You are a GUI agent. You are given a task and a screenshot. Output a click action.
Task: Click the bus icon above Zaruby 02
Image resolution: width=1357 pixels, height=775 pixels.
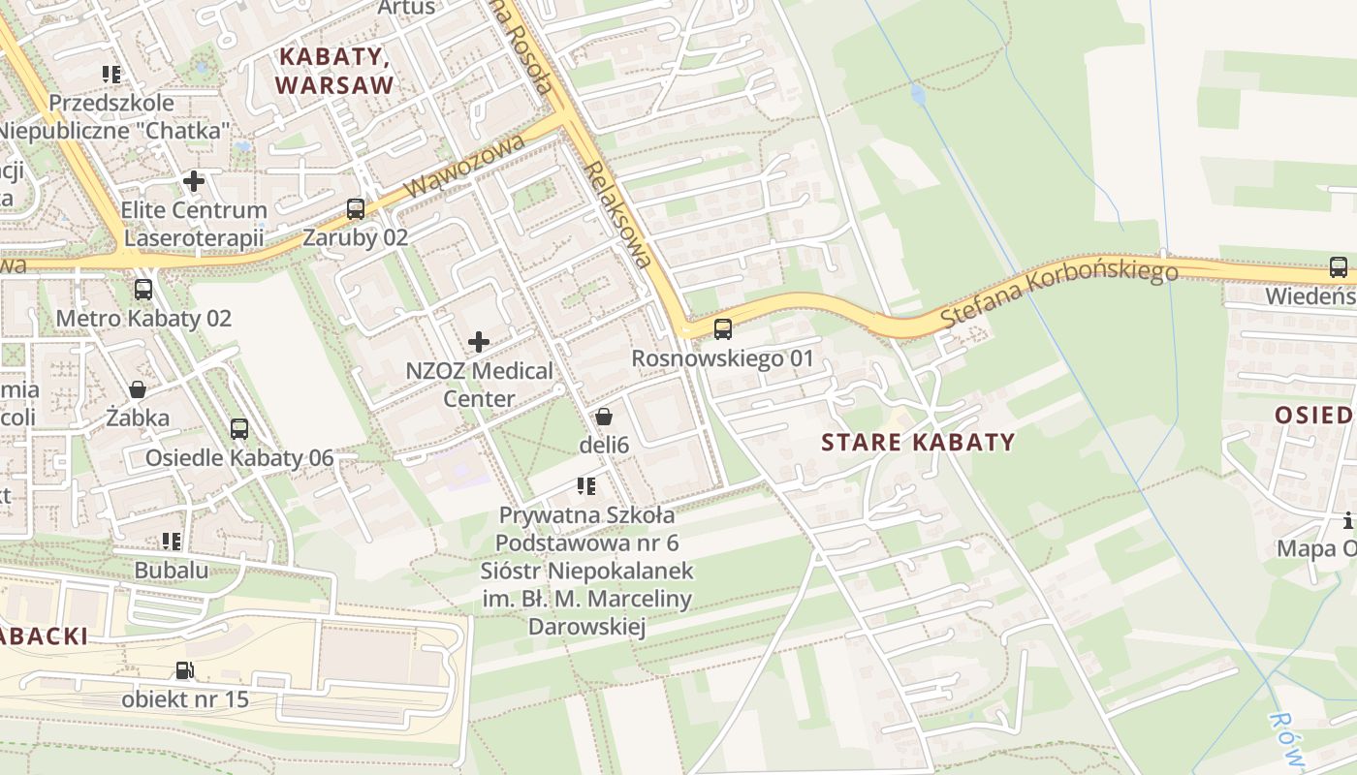356,208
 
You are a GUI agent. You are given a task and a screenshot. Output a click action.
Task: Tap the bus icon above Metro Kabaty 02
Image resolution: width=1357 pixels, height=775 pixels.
143,289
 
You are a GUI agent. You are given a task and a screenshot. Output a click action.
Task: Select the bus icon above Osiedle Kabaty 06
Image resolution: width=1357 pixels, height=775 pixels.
238,428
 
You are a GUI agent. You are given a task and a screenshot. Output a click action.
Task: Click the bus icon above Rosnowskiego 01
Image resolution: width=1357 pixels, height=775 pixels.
723,329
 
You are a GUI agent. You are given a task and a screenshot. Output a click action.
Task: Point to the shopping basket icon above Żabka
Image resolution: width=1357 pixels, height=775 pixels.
138,389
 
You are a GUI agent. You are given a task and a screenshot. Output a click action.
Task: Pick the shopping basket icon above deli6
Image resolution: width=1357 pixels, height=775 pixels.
604,417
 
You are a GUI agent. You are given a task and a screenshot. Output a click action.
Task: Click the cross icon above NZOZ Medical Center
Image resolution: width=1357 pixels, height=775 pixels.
479,341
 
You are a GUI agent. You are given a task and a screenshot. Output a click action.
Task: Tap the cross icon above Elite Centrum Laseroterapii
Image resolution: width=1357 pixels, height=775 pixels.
194,180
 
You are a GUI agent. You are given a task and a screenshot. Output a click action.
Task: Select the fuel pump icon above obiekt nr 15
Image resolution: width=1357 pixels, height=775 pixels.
184,669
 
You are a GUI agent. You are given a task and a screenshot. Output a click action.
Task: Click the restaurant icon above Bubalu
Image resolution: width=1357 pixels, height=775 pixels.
172,541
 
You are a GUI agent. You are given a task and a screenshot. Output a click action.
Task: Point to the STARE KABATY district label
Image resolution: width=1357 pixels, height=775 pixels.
918,443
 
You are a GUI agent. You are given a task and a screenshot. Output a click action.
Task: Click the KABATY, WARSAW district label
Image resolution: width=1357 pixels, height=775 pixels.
334,71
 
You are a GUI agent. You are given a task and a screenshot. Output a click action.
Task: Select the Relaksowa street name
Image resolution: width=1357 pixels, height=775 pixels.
617,214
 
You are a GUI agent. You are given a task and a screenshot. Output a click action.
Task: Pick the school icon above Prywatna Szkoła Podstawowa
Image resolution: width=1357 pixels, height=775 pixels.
585,485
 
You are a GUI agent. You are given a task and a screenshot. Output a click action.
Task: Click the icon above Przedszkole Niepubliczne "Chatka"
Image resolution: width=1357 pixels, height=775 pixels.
111,74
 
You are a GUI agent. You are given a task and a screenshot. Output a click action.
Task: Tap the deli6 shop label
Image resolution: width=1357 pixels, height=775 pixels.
604,446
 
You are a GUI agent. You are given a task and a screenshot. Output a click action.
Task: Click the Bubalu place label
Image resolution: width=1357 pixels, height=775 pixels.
172,570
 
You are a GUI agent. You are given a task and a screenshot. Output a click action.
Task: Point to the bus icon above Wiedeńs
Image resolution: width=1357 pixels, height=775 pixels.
1339,266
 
